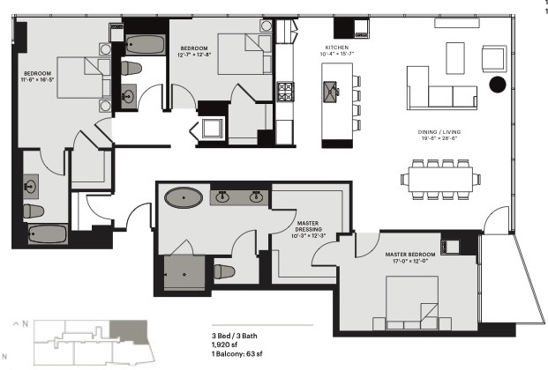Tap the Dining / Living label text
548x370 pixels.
pos(439,132)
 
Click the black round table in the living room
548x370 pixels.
pos(497,84)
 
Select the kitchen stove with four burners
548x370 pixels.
pos(286,91)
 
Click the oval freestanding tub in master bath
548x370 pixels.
pos(183,196)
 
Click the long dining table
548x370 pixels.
pos(441,179)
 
